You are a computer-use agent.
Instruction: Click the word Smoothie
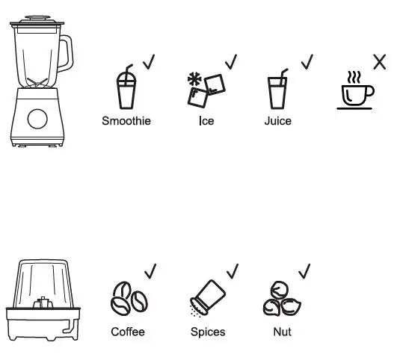[126, 120]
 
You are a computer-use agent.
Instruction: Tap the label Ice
[206, 120]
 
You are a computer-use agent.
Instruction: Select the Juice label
[277, 120]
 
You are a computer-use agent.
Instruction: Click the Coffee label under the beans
[128, 331]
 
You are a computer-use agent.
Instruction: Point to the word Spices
[208, 331]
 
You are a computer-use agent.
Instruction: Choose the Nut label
[282, 331]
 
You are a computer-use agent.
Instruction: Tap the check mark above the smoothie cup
[149, 61]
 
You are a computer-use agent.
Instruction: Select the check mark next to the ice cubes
[231, 60]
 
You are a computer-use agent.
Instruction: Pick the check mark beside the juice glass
[307, 61]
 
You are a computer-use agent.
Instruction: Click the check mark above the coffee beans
[150, 270]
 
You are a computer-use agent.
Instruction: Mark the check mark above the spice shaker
[232, 270]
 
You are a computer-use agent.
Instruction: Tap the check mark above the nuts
[304, 270]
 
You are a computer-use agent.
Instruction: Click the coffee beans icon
[129, 299]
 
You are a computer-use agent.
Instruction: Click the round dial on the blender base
[37, 117]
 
